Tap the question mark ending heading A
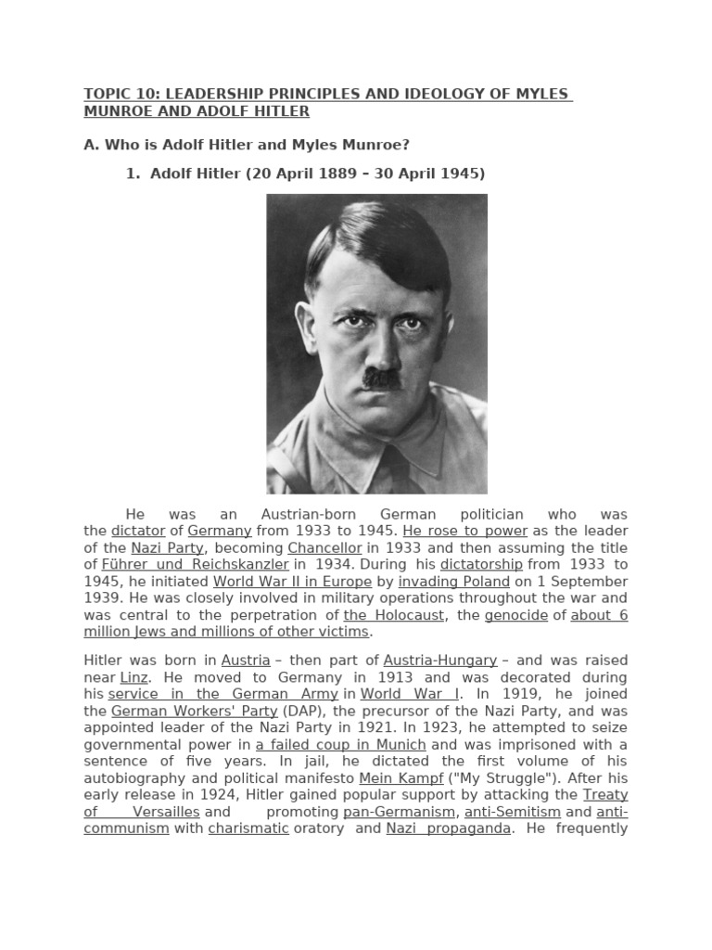pyautogui.click(x=405, y=145)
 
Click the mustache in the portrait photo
pyautogui.click(x=381, y=378)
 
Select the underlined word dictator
pyautogui.click(x=138, y=531)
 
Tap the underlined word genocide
pyautogui.click(x=516, y=615)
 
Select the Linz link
pyautogui.click(x=134, y=677)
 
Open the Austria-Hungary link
pyautogui.click(x=440, y=660)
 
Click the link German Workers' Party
pyautogui.click(x=194, y=711)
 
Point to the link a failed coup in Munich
pyautogui.click(x=340, y=744)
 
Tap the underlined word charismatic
pyautogui.click(x=248, y=828)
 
